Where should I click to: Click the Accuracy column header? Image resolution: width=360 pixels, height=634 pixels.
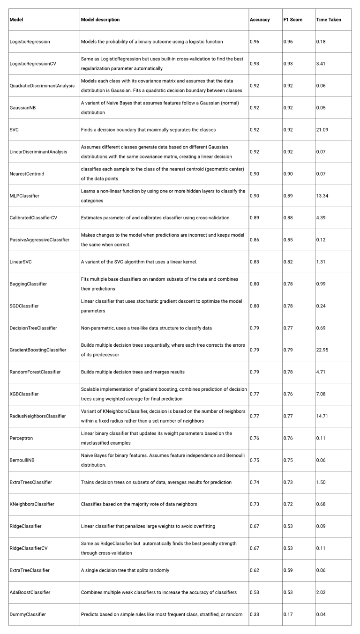click(260, 20)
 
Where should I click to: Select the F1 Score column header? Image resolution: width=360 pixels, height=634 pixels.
click(292, 20)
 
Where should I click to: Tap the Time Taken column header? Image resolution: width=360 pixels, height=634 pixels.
click(329, 20)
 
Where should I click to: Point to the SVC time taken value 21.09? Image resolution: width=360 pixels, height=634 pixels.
click(322, 130)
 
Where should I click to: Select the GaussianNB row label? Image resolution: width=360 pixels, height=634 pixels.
click(22, 108)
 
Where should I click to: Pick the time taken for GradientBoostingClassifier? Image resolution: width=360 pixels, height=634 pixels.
click(322, 350)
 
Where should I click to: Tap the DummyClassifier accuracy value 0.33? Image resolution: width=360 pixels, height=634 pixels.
click(255, 614)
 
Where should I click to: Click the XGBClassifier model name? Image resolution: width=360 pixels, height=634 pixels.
click(26, 394)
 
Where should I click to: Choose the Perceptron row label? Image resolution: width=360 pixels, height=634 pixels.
click(21, 438)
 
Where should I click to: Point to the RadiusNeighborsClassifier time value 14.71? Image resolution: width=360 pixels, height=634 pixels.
click(322, 416)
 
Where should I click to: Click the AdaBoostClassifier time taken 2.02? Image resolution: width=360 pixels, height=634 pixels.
click(321, 592)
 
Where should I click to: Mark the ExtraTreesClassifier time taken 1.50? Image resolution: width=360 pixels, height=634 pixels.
click(321, 482)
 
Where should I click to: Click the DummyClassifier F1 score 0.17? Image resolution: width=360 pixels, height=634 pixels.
click(288, 614)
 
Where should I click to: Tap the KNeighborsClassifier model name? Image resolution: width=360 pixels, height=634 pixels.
click(32, 504)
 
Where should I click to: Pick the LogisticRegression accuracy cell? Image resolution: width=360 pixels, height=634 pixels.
click(255, 42)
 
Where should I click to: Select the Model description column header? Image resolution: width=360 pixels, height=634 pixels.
click(100, 20)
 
